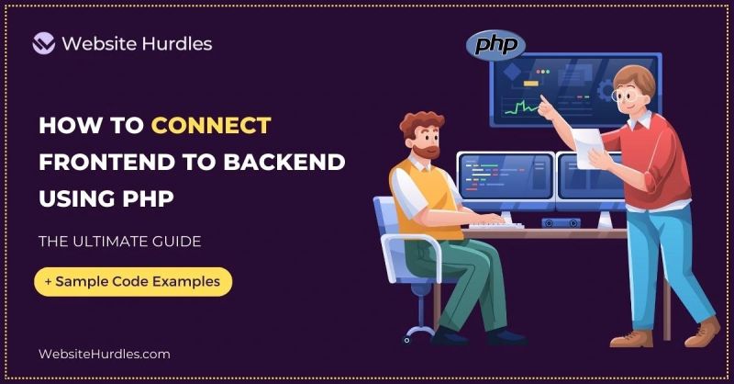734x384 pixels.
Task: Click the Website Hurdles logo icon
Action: tap(44, 43)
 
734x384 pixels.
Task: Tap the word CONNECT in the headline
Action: tap(212, 126)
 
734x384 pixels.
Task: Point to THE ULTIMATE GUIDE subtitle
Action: tap(119, 243)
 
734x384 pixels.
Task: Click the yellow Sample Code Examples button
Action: tap(133, 281)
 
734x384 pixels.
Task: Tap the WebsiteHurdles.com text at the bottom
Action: tap(104, 354)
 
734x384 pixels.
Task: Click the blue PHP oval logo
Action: tap(495, 45)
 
